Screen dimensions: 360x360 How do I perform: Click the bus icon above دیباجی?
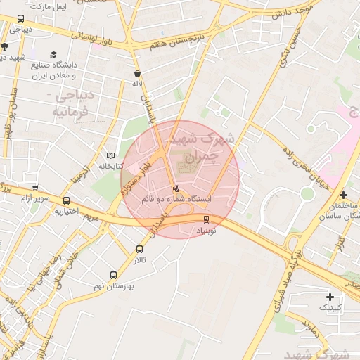pos(20,19)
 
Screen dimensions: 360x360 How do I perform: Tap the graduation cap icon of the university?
pos(54,54)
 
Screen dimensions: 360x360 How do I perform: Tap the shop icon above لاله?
pos(137,72)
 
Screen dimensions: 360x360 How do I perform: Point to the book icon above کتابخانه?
pos(110,155)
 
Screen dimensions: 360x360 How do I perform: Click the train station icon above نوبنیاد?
pos(206,219)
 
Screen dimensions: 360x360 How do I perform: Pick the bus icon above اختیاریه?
pos(66,200)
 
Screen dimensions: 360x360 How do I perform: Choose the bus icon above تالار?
pos(139,249)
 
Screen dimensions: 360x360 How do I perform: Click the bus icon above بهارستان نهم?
pos(113,276)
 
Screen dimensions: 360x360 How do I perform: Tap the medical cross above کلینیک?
pos(330,297)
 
